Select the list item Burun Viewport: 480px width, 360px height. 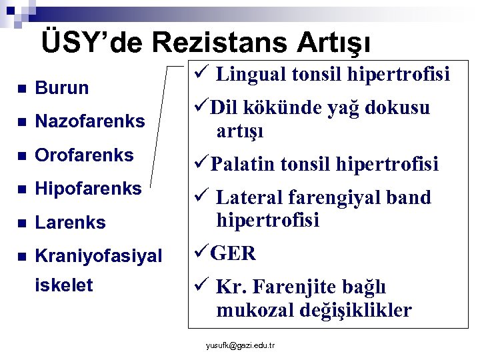(x=61, y=88)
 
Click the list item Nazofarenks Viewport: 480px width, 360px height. (x=89, y=121)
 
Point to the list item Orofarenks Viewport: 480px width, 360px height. (x=84, y=155)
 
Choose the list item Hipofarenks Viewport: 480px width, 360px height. (x=88, y=189)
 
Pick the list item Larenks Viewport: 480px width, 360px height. (x=70, y=223)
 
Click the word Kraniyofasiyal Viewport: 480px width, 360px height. (x=98, y=255)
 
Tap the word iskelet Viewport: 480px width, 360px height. (x=63, y=285)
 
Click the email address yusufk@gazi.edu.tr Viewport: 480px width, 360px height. (x=241, y=345)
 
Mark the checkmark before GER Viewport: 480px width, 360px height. (x=201, y=253)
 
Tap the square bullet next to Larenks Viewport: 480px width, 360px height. (x=21, y=223)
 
